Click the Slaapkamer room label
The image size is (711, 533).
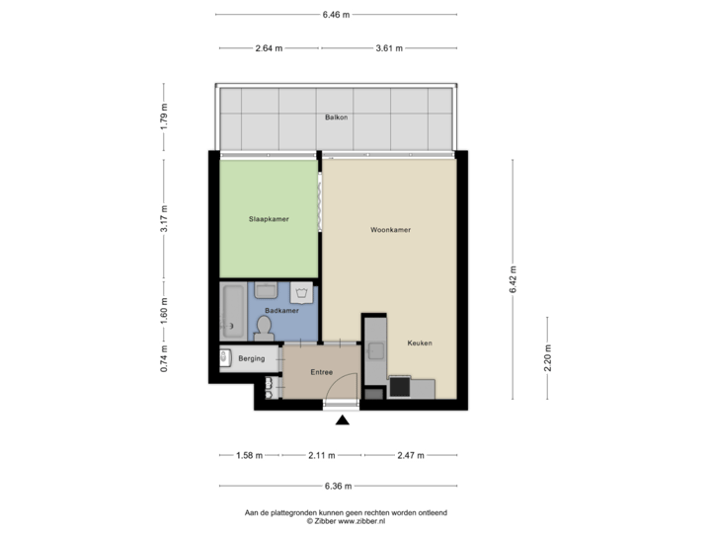tap(269, 219)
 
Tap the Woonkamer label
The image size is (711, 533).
tap(390, 229)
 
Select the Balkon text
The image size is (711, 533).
tap(336, 117)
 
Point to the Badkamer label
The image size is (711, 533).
tap(281, 310)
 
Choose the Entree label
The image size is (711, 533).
tap(321, 373)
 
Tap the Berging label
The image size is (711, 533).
tap(251, 358)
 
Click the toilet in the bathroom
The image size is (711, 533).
tap(264, 326)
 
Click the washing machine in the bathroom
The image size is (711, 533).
tap(301, 293)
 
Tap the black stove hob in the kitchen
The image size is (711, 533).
tap(400, 388)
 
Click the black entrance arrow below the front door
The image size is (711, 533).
tap(343, 421)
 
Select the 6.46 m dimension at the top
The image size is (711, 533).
tap(336, 15)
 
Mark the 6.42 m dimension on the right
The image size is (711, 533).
tap(513, 280)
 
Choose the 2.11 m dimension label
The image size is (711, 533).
tap(322, 456)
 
